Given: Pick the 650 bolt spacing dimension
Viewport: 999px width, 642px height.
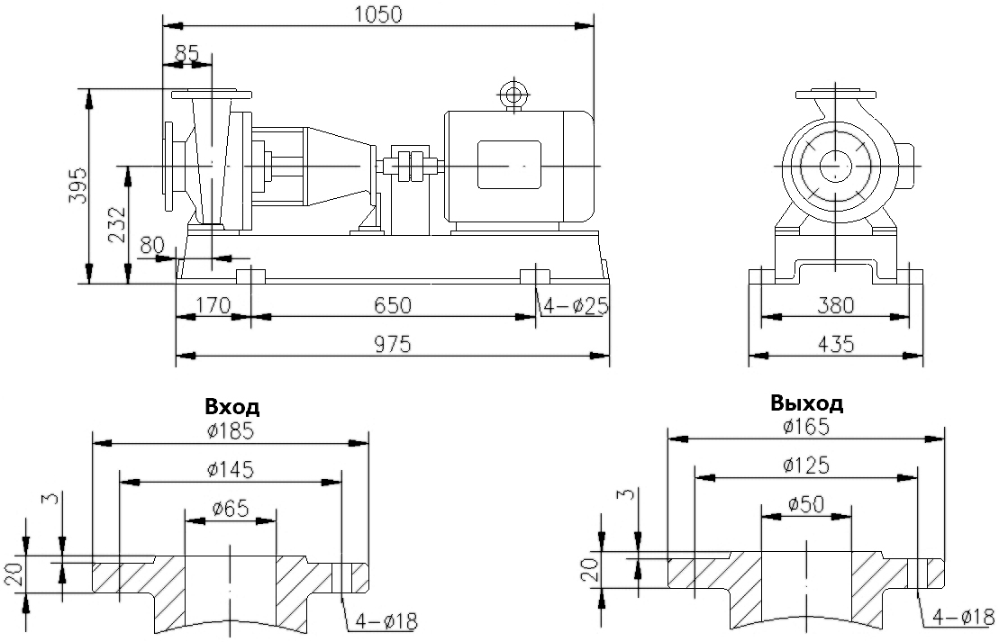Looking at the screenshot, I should coord(393,305).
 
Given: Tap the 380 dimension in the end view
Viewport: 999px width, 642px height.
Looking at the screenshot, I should coord(835,305).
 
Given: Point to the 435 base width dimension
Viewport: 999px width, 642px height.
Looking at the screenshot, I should coord(835,343).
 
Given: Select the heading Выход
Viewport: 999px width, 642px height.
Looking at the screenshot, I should coord(806,402).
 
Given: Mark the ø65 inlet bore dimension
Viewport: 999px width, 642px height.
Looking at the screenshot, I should coord(231,508).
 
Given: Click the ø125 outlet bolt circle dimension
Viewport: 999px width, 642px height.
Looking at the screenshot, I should coord(805,466).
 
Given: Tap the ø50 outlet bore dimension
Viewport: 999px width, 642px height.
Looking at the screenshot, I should coord(805,504).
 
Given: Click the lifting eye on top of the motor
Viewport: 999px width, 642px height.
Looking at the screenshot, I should coord(514,94).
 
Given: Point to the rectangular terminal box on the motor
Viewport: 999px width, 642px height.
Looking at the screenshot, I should coord(508,165).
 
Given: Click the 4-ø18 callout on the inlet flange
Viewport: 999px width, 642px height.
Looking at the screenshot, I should coord(387,621).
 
